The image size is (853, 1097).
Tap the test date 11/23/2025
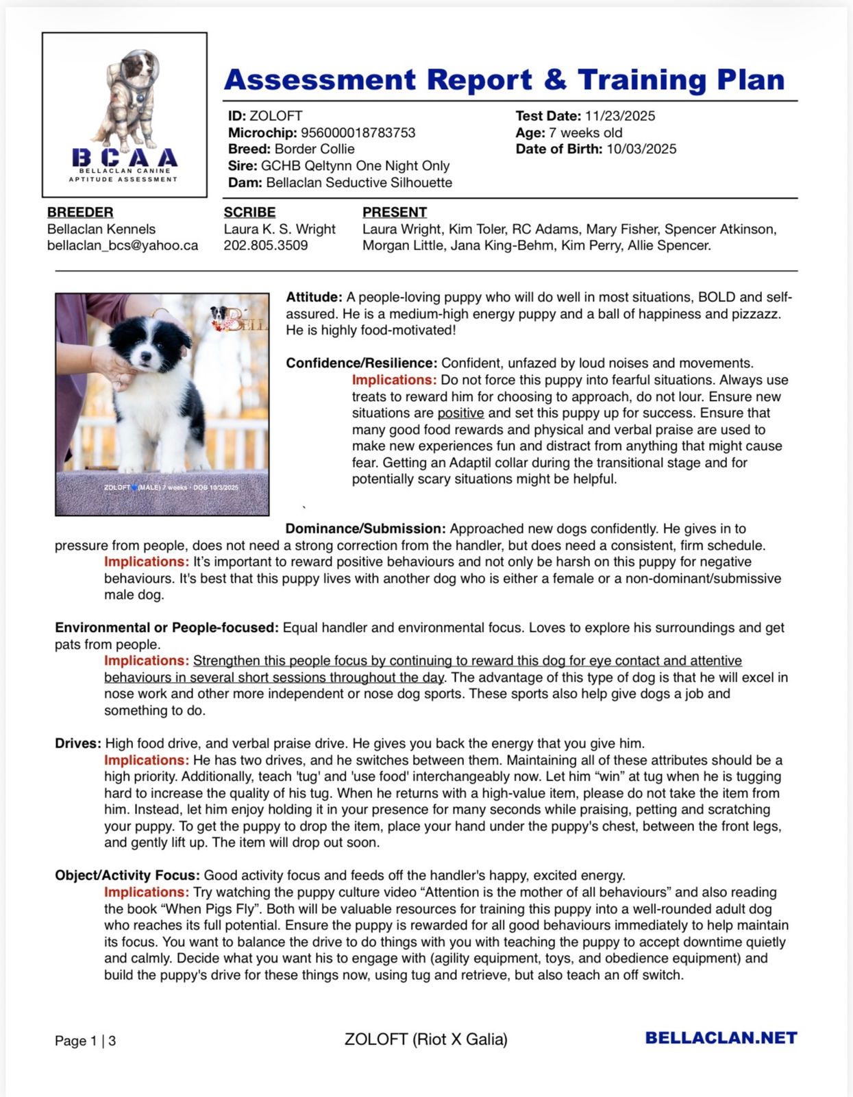pyautogui.click(x=619, y=116)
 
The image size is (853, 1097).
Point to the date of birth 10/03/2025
pyautogui.click(x=641, y=149)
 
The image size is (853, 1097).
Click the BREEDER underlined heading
pyautogui.click(x=80, y=213)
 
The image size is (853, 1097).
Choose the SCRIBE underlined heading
pyautogui.click(x=249, y=213)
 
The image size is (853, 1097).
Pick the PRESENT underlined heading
pyautogui.click(x=394, y=213)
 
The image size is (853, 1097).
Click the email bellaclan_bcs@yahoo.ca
pyautogui.click(x=123, y=245)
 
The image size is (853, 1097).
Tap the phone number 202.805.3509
pyautogui.click(x=266, y=245)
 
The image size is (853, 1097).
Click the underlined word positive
pyautogui.click(x=460, y=413)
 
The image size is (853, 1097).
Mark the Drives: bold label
pyautogui.click(x=78, y=744)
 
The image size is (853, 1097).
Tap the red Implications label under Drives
pyautogui.click(x=147, y=760)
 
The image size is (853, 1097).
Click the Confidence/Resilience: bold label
pyautogui.click(x=361, y=363)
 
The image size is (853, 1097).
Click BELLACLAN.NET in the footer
pyautogui.click(x=721, y=1038)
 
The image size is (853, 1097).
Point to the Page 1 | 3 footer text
pyautogui.click(x=85, y=1041)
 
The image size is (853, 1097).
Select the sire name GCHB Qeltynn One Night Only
pyautogui.click(x=355, y=166)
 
